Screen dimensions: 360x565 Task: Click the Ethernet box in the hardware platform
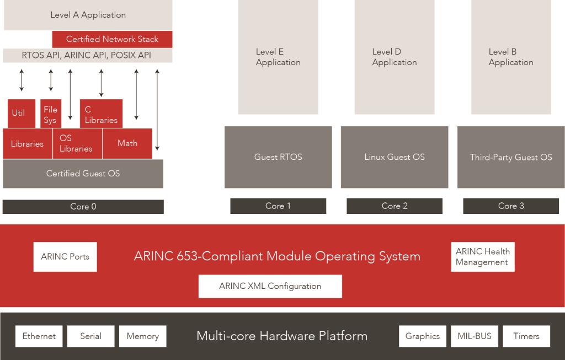tap(39, 336)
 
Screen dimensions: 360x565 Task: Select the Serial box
tap(90, 336)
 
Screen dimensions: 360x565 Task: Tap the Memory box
tap(142, 336)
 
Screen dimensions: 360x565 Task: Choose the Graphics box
tap(423, 336)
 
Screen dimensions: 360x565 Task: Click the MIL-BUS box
tap(475, 336)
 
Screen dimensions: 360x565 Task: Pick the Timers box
tap(526, 336)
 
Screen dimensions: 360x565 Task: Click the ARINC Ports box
tap(65, 257)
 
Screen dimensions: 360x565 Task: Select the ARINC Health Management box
tap(482, 257)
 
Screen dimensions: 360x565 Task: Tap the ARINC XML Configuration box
tap(270, 286)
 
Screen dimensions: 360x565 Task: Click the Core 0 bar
tap(83, 207)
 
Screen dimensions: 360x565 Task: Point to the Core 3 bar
tap(511, 206)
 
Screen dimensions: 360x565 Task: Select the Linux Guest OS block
tap(395, 157)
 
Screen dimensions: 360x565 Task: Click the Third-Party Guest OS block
tap(511, 157)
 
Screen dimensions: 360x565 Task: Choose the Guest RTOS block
tap(278, 157)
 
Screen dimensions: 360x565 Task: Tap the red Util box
tap(22, 114)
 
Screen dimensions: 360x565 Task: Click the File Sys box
tap(51, 114)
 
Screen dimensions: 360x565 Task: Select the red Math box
tap(127, 143)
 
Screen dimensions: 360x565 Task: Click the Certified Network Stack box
tap(112, 39)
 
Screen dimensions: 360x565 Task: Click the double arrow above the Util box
tap(22, 80)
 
